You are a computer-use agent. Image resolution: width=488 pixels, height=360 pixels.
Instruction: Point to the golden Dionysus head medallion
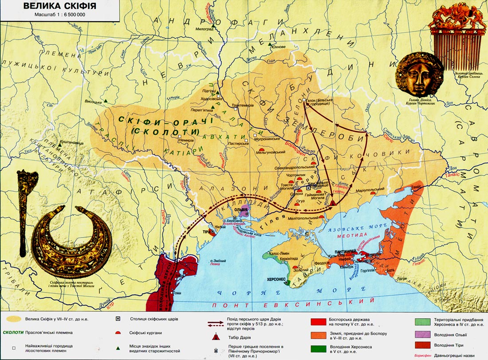(419, 75)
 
